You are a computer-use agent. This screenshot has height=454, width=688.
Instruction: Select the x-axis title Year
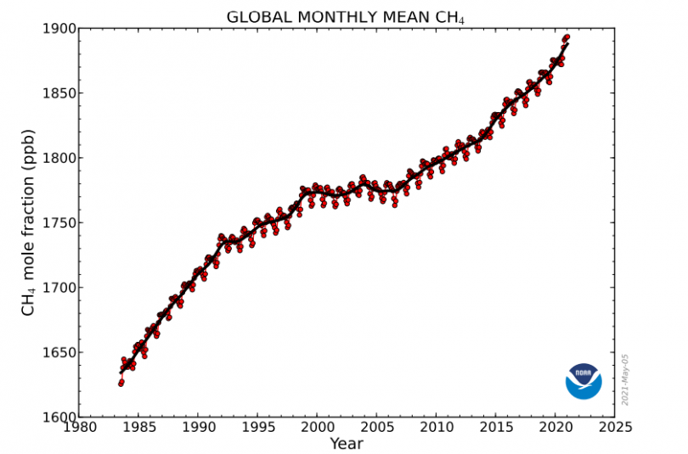pos(346,443)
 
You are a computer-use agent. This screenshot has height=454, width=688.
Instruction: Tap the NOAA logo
pos(584,380)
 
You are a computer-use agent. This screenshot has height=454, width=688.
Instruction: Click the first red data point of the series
pos(121,384)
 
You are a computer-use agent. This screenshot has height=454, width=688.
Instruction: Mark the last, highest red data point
pos(567,36)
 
